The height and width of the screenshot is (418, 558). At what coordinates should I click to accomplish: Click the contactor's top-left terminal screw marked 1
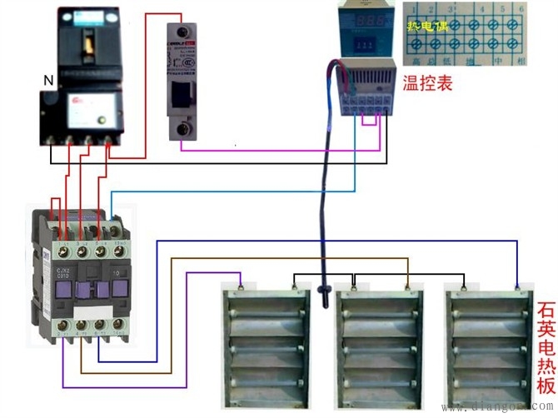point(62,248)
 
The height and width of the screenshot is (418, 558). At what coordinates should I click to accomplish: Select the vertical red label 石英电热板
point(546,350)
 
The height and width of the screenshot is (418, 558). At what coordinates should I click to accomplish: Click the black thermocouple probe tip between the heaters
point(323,291)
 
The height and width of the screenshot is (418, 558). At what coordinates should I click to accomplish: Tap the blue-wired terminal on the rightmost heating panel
point(517,286)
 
